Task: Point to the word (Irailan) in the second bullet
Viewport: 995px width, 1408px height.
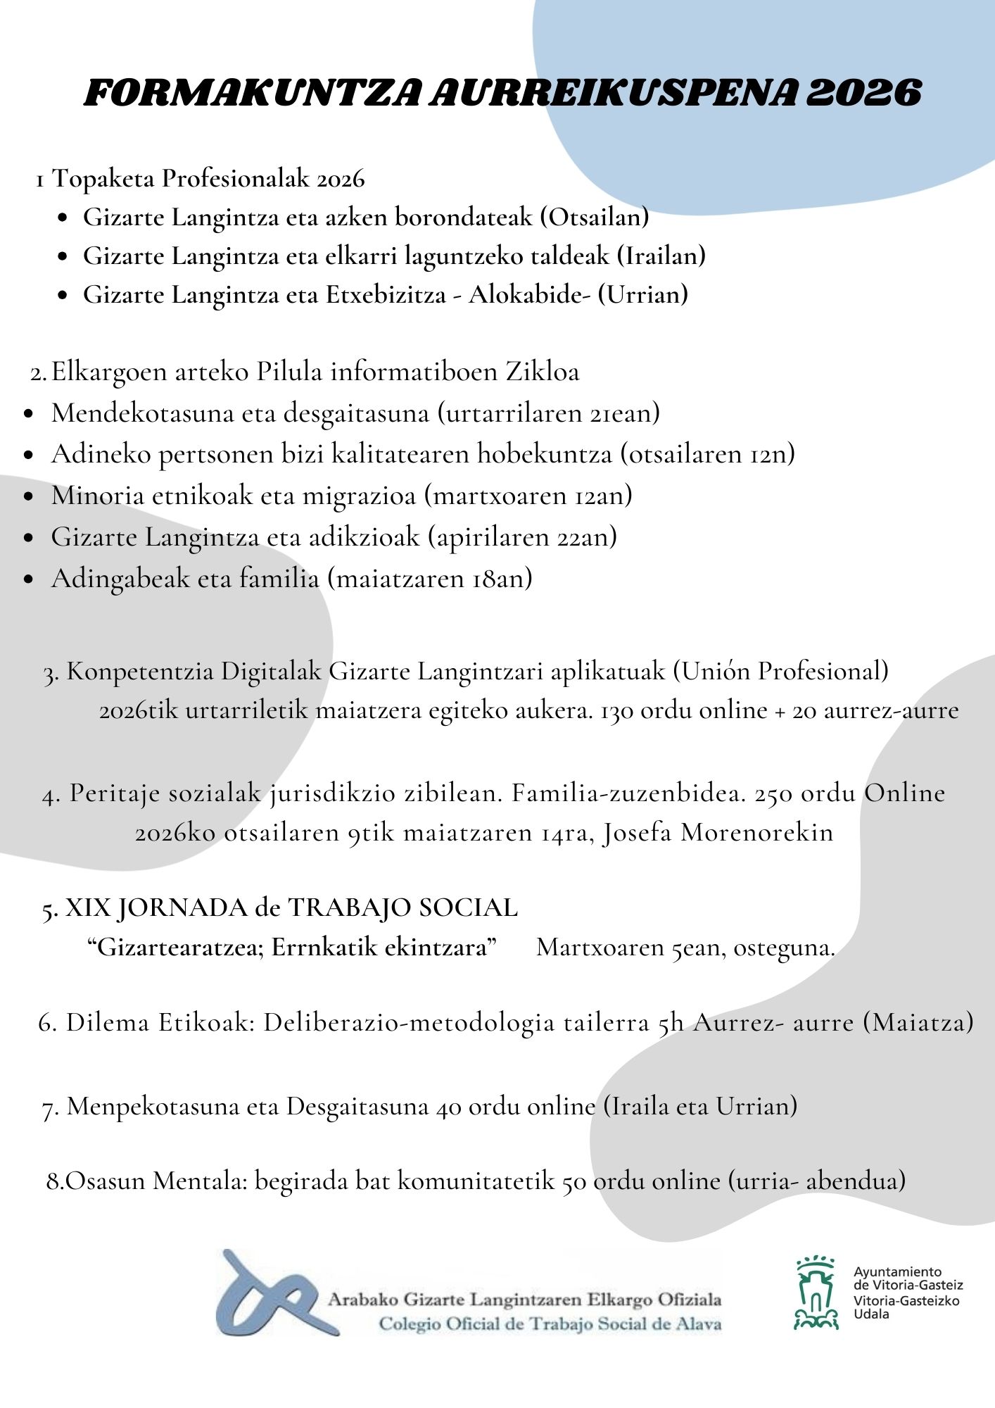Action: [661, 256]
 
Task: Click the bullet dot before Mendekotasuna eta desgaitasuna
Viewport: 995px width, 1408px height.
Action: [29, 415]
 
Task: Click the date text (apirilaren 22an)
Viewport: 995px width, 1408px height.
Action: [522, 537]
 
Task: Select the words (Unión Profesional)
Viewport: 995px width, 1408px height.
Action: [780, 671]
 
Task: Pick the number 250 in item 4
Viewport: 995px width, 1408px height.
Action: [774, 793]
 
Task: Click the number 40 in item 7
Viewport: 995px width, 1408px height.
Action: [448, 1107]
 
